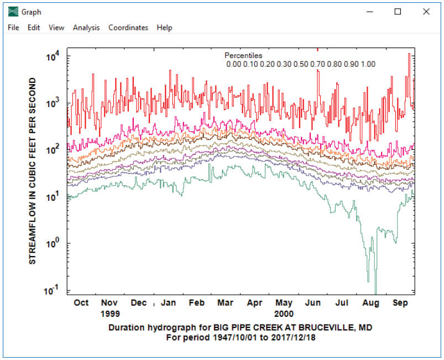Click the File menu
click(13, 28)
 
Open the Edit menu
click(34, 28)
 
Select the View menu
click(56, 28)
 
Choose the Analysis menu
click(86, 28)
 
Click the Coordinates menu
click(128, 28)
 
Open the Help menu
click(164, 28)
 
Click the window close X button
click(426, 12)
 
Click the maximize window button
click(398, 12)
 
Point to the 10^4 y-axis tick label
click(53, 56)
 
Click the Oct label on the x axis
click(81, 303)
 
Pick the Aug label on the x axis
click(371, 303)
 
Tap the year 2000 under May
click(284, 312)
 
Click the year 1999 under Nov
click(110, 312)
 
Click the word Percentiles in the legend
click(243, 56)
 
